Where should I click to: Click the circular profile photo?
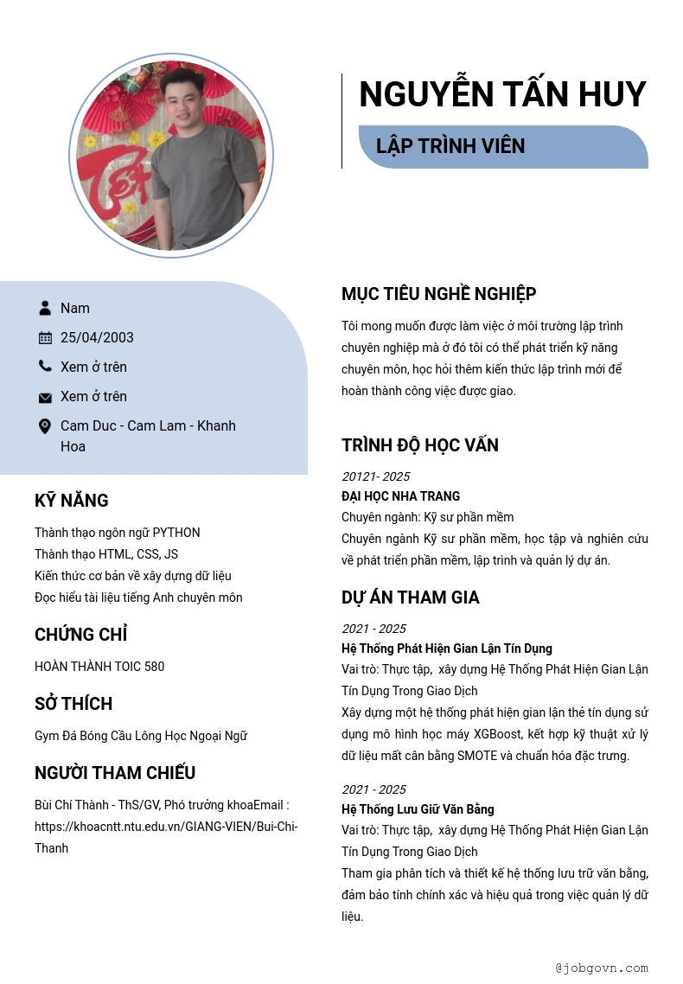(171, 157)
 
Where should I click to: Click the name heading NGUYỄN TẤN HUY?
(502, 94)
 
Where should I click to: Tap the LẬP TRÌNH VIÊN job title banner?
(502, 146)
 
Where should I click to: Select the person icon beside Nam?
(45, 308)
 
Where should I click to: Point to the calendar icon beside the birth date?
(45, 337)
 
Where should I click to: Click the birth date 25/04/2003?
(97, 337)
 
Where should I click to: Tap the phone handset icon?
(45, 367)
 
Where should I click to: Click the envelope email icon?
(45, 397)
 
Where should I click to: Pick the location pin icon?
(45, 426)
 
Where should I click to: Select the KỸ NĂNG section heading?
(72, 501)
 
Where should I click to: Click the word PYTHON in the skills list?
(176, 533)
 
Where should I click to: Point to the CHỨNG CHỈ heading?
(81, 635)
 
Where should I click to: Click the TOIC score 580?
(154, 667)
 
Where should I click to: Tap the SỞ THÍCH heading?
(73, 704)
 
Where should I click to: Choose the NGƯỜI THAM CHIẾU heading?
(115, 773)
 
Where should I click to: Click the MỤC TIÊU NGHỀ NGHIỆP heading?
(438, 294)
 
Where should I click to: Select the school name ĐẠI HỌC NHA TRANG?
(400, 496)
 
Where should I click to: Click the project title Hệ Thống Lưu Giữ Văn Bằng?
(418, 809)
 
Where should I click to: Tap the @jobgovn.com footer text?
(602, 968)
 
